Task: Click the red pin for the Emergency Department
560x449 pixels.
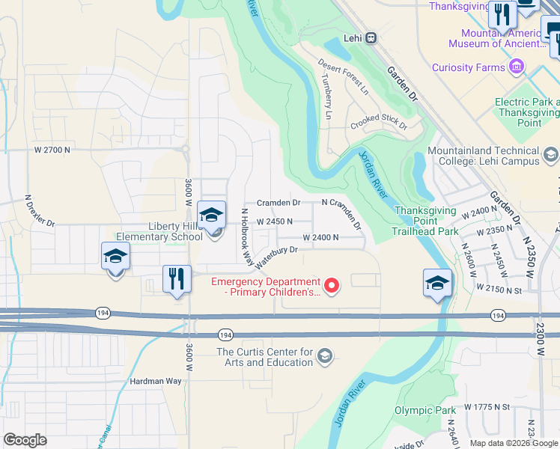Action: click(331, 285)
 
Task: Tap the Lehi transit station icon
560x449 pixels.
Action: click(371, 38)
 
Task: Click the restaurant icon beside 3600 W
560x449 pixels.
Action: click(177, 280)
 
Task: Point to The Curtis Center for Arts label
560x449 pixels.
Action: click(264, 357)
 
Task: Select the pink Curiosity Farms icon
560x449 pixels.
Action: click(516, 67)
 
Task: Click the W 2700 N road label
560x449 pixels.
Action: click(52, 150)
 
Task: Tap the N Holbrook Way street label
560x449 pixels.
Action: click(246, 236)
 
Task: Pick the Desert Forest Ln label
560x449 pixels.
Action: click(343, 77)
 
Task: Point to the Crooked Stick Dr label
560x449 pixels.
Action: click(379, 121)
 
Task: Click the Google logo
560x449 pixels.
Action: click(25, 440)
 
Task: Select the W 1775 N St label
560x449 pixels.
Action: click(487, 406)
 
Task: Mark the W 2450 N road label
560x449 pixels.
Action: click(274, 222)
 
